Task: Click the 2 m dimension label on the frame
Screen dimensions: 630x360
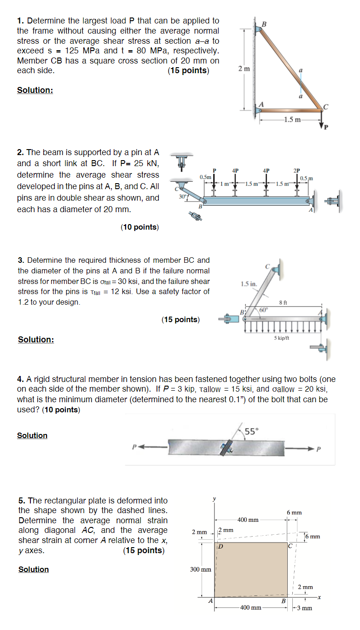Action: (244, 69)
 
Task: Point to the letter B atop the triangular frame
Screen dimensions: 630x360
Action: (264, 23)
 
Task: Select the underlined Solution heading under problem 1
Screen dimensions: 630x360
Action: (35, 90)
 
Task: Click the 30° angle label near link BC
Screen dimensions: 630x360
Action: (183, 197)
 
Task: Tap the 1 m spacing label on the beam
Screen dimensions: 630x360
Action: (226, 184)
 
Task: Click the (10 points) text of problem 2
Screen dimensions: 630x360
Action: (139, 227)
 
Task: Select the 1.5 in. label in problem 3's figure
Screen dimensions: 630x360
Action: (249, 284)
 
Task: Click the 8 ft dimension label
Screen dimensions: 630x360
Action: (284, 302)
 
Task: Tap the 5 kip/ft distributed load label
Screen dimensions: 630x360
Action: (281, 338)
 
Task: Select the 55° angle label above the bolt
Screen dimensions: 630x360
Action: (252, 431)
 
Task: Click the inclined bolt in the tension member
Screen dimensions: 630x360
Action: (226, 447)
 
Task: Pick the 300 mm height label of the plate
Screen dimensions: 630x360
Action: (200, 569)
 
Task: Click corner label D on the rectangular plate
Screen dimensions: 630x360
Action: (221, 547)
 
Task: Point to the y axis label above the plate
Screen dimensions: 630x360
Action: (214, 498)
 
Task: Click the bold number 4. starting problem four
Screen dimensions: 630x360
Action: (21, 379)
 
